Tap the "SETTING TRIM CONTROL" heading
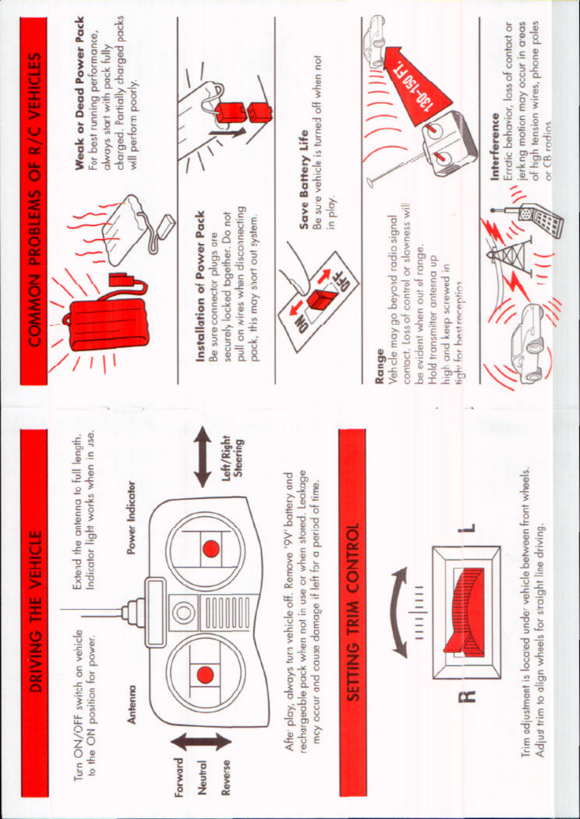[354, 612]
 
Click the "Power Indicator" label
[131, 517]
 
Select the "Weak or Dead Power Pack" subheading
[79, 93]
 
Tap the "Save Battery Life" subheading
[304, 179]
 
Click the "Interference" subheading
[495, 147]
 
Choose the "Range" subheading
[380, 366]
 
